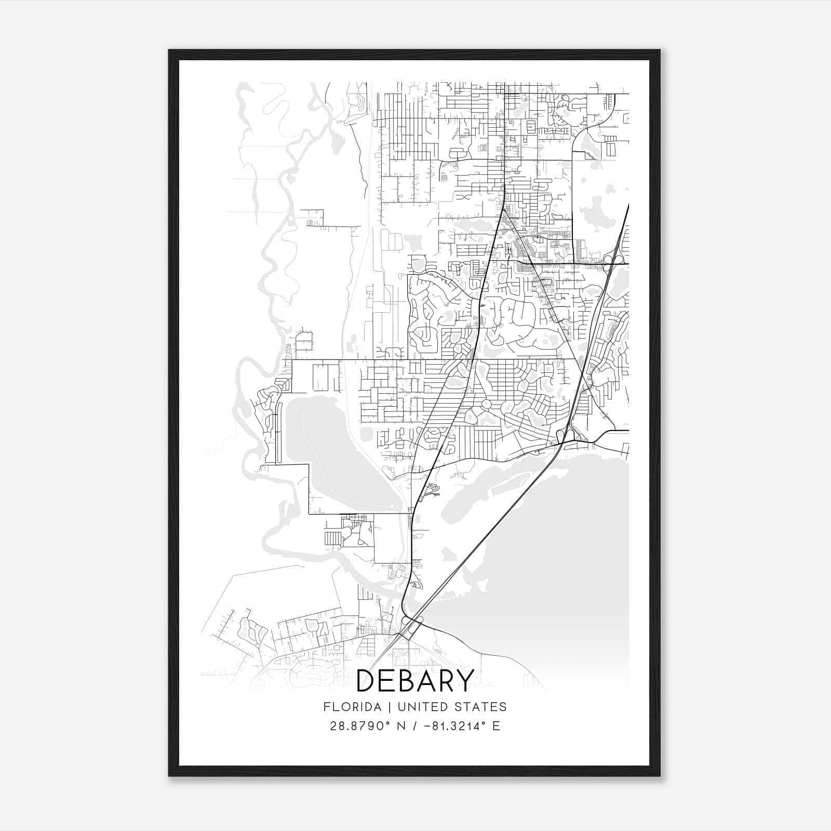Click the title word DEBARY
415,681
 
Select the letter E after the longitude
497,726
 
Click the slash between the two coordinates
414,726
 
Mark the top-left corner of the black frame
170,51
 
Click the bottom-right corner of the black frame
659,775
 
